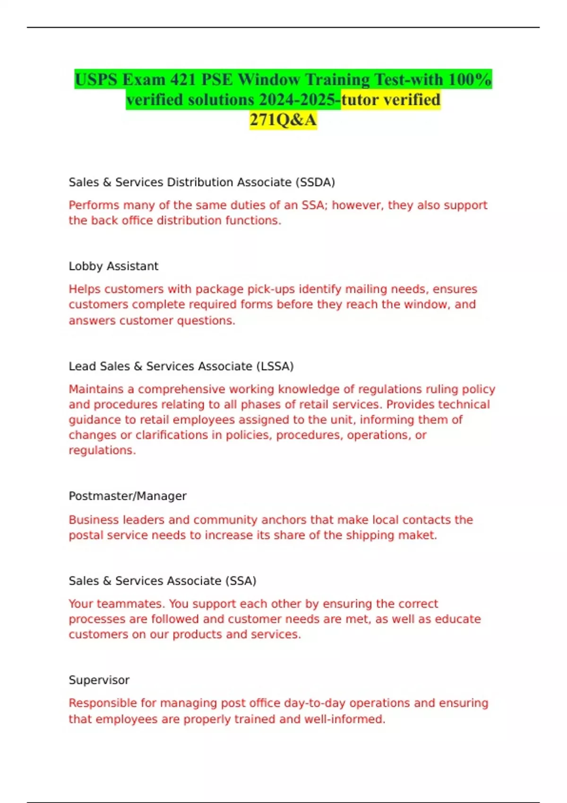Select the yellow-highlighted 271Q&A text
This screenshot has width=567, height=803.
(x=283, y=120)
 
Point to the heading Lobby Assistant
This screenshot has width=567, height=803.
(x=113, y=266)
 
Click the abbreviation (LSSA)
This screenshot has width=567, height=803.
(x=275, y=367)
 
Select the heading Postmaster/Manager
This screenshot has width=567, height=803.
(x=128, y=496)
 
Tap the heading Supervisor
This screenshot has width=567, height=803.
(x=99, y=680)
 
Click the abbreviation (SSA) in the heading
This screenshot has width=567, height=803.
(x=241, y=581)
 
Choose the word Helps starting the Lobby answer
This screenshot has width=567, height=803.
(x=85, y=289)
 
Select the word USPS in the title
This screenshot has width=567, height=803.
(x=96, y=79)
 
